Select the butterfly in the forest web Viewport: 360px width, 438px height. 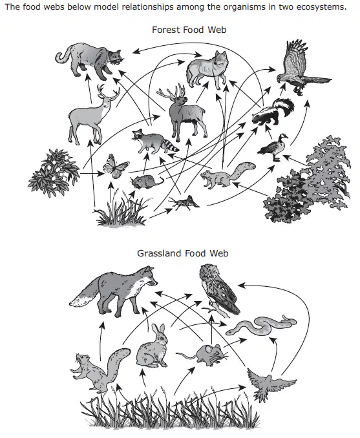pos(116,166)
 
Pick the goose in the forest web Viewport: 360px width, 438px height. pos(273,147)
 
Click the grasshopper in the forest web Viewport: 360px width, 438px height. pos(184,203)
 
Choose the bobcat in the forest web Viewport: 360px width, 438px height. pos(89,60)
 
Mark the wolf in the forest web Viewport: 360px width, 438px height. pos(208,70)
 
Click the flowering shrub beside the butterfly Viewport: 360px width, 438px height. pos(54,173)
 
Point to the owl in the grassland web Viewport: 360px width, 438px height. pos(219,291)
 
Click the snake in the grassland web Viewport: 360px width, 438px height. pos(261,326)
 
